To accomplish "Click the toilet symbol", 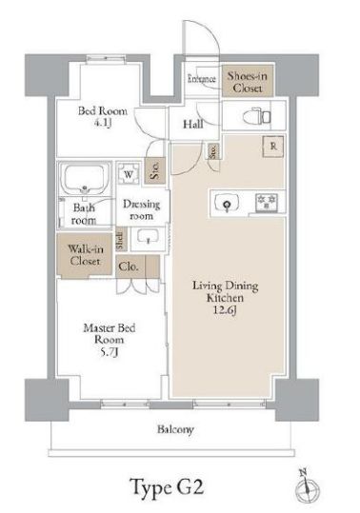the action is point(257,117).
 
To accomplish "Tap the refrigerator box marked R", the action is point(273,147).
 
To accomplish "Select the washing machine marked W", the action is point(129,174).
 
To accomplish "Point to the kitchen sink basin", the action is point(227,203).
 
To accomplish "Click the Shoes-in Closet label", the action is point(248,82).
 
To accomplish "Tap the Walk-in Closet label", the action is point(85,255).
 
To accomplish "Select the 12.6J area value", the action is point(225,309).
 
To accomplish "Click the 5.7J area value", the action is point(109,352).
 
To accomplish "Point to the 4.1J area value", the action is point(102,124).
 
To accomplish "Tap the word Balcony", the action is point(175,429).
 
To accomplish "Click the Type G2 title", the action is point(168,487).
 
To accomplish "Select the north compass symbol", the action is point(307,487).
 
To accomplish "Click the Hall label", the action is point(192,125).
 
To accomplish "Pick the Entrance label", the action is point(202,79).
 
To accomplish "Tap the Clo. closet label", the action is point(128,266).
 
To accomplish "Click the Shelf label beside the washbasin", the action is point(121,241).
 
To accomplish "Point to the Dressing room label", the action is point(141,210).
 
